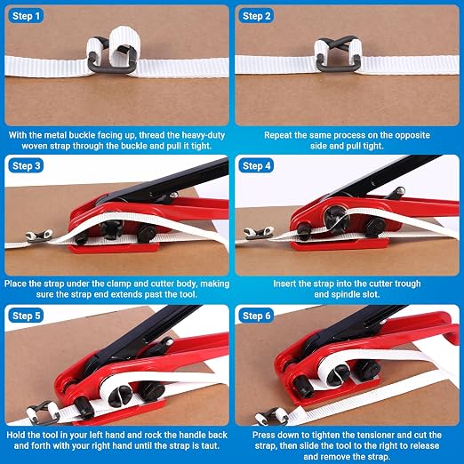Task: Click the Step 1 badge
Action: click(x=26, y=16)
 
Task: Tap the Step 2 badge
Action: click(x=256, y=16)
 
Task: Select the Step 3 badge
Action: click(x=26, y=165)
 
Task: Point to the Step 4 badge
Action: click(x=256, y=165)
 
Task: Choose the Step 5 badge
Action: click(x=26, y=316)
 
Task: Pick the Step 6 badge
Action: click(x=256, y=316)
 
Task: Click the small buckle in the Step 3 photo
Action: click(x=39, y=236)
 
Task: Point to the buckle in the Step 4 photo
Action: click(x=259, y=233)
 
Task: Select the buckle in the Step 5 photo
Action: click(x=44, y=412)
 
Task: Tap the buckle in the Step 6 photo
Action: click(x=271, y=416)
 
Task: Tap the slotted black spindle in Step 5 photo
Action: click(x=120, y=396)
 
